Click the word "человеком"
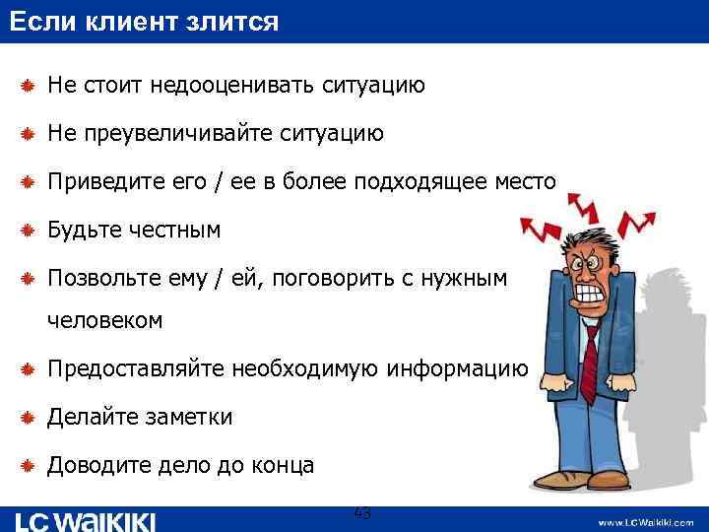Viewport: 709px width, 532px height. point(105,321)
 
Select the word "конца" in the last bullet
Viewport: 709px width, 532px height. point(282,465)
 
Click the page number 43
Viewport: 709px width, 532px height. point(361,513)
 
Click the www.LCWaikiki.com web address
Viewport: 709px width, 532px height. point(644,520)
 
